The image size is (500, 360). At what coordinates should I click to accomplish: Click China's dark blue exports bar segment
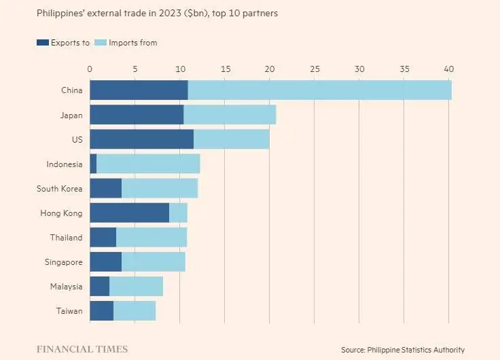click(139, 90)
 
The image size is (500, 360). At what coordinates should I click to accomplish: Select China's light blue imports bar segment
click(319, 90)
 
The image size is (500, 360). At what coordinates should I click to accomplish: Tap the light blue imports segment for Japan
click(230, 115)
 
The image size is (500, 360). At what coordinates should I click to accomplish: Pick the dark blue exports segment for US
click(141, 139)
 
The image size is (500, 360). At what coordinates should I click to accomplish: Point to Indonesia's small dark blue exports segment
click(93, 164)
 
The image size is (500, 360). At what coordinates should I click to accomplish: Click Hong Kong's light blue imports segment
click(178, 213)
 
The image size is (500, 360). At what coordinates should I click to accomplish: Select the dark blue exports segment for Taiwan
click(101, 311)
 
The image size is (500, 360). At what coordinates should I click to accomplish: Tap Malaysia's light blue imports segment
click(136, 287)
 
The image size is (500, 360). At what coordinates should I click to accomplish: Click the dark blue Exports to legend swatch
click(43, 43)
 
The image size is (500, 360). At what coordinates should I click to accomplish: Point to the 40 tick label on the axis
click(448, 69)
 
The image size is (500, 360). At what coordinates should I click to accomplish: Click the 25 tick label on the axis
click(315, 69)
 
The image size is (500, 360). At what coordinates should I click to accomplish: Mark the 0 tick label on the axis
click(90, 69)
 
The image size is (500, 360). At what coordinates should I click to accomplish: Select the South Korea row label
click(59, 189)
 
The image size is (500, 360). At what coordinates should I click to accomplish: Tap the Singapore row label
click(64, 262)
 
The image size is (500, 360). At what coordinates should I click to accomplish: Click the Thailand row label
click(66, 238)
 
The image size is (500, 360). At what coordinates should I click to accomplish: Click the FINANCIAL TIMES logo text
click(82, 349)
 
